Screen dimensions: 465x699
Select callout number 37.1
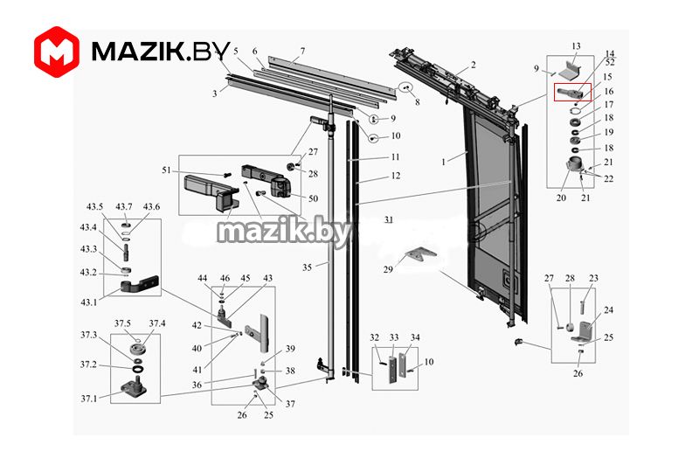pyautogui.click(x=88, y=398)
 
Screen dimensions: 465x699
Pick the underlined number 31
pyautogui.click(x=387, y=219)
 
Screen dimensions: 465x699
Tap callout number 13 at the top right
pyautogui.click(x=576, y=45)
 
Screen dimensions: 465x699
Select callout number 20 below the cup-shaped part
pyautogui.click(x=560, y=198)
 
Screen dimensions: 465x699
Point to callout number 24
pyautogui.click(x=608, y=310)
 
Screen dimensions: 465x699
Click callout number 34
pyautogui.click(x=416, y=337)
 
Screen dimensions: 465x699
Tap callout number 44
pyautogui.click(x=203, y=278)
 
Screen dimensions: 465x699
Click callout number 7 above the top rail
pyautogui.click(x=302, y=50)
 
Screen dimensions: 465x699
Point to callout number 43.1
pyautogui.click(x=89, y=302)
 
